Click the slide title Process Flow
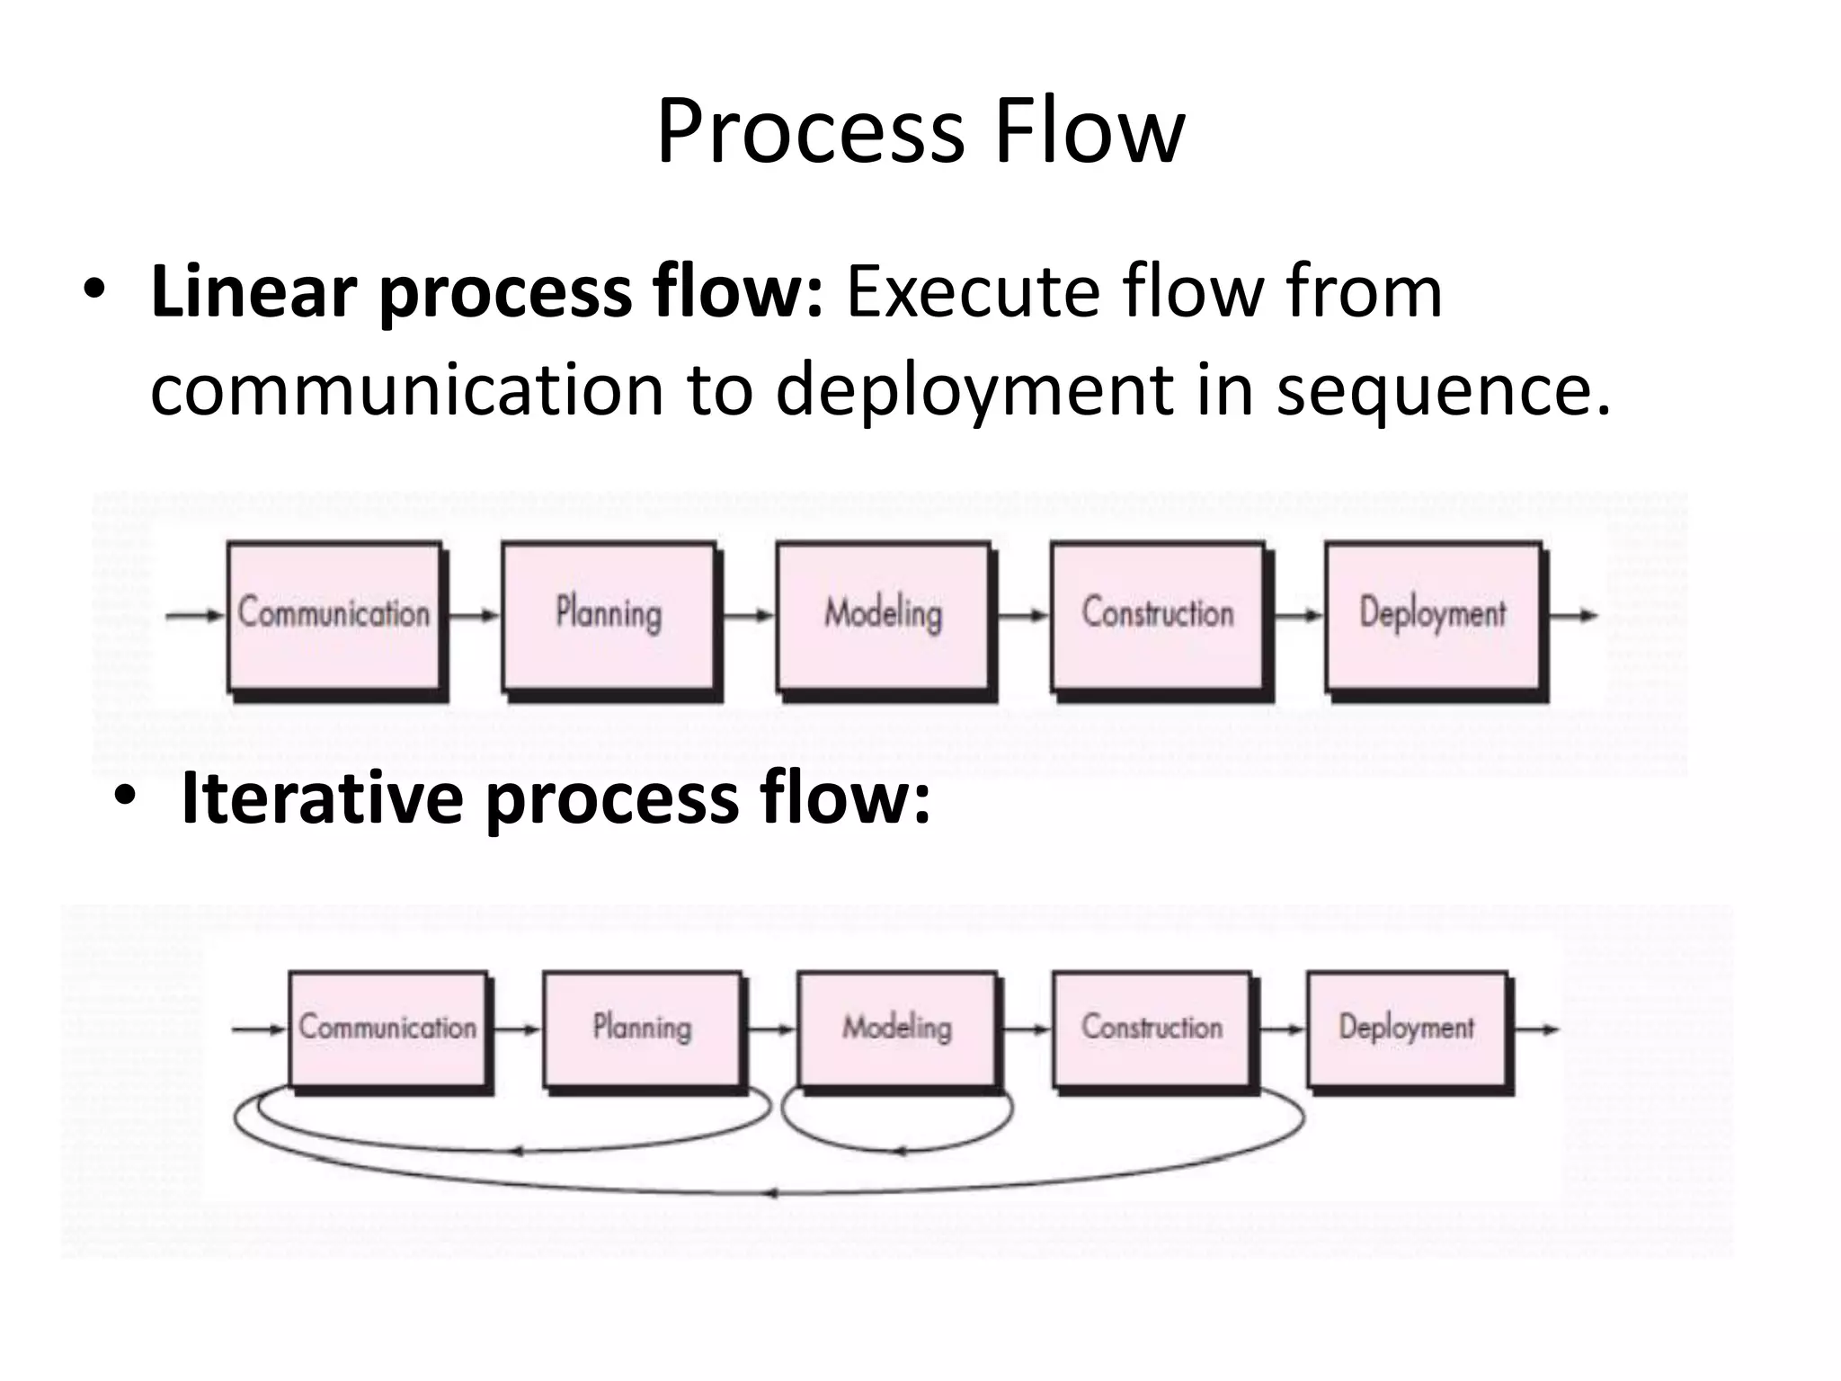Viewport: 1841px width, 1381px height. tap(920, 133)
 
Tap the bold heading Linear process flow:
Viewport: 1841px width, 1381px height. tap(485, 292)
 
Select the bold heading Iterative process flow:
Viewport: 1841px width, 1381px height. tap(555, 798)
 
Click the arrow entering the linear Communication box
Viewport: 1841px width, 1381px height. tap(194, 616)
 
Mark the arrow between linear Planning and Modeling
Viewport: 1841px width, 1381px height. tap(747, 616)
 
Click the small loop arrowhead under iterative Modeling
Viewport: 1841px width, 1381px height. tap(899, 1151)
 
